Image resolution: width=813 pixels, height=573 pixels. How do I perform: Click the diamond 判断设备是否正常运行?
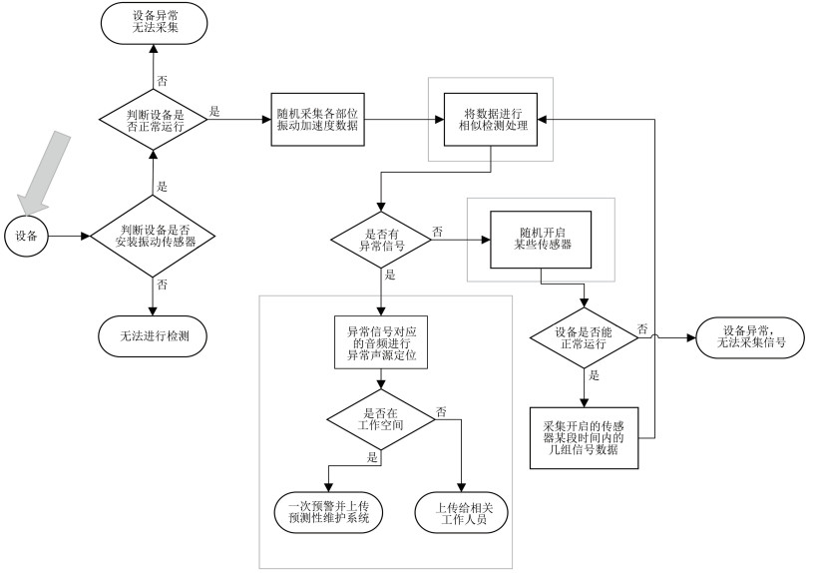click(x=154, y=120)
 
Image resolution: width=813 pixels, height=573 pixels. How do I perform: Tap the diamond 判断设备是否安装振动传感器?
click(x=154, y=237)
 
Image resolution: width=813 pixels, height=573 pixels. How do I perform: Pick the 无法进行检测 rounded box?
click(x=155, y=337)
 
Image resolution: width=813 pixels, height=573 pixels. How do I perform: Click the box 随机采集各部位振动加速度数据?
click(x=316, y=120)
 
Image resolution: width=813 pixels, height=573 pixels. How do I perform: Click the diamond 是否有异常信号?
click(x=382, y=240)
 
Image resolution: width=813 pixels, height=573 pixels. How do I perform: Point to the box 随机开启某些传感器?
click(x=540, y=240)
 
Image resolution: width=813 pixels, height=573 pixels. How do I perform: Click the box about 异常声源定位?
click(x=382, y=342)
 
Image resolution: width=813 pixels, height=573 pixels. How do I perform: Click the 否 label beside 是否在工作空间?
click(x=441, y=410)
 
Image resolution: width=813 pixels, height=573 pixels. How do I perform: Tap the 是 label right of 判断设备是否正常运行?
click(x=216, y=111)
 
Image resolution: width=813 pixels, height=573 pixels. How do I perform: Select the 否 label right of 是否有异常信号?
click(x=438, y=231)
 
